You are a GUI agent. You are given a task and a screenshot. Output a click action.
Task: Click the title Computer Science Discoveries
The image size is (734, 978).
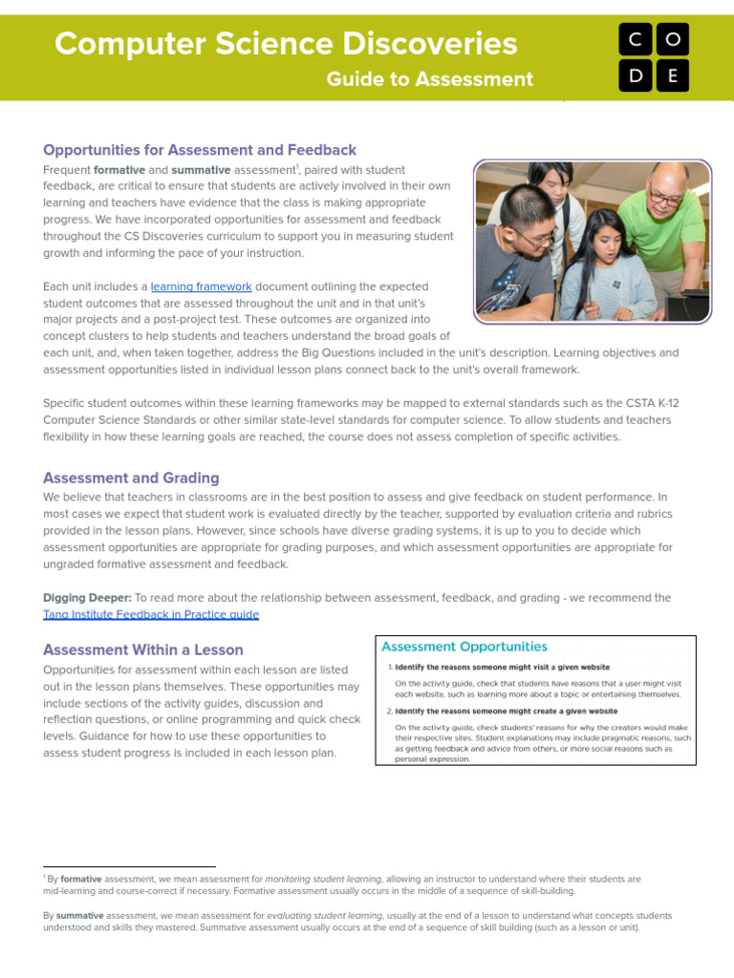point(286,43)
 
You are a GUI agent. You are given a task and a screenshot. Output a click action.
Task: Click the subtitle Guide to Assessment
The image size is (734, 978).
point(430,79)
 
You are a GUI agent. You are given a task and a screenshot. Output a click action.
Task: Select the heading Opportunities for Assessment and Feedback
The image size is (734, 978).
point(200,150)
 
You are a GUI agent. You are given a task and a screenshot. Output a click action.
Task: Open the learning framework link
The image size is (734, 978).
point(201,287)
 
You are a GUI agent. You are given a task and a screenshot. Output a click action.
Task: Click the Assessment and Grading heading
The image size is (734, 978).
point(131,478)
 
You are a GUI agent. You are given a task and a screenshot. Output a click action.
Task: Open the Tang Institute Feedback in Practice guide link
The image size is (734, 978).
point(151,614)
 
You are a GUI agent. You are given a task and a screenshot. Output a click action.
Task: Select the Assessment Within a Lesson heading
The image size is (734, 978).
point(143,649)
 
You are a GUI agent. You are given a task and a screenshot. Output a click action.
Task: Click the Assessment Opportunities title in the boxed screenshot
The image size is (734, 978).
point(464,647)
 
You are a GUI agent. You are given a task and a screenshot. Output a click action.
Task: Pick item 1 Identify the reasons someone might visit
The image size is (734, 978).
point(502,668)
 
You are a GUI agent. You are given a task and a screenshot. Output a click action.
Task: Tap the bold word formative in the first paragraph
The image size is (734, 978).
point(119,170)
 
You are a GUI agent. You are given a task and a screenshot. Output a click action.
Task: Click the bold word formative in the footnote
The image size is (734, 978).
point(80,879)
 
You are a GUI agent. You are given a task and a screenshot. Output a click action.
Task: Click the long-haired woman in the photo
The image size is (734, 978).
point(602,267)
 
